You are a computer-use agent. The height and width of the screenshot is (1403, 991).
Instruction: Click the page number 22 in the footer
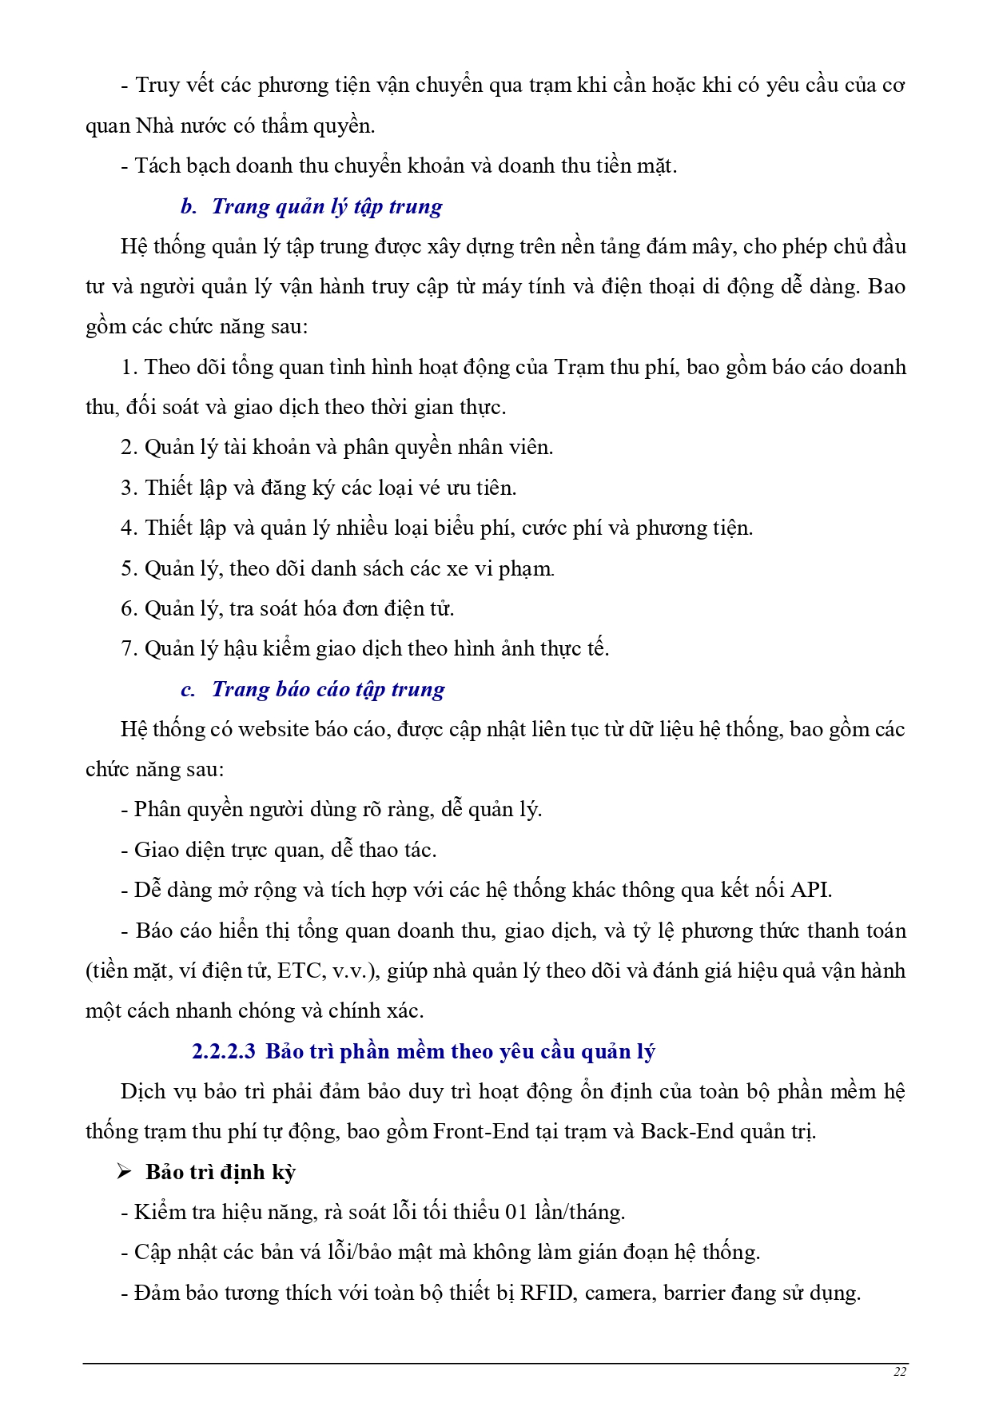coord(899,1372)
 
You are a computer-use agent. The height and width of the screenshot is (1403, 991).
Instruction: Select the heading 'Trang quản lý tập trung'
coord(327,206)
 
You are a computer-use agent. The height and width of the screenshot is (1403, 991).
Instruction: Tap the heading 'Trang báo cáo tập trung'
coord(328,689)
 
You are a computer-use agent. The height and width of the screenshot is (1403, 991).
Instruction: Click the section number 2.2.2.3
coord(224,1051)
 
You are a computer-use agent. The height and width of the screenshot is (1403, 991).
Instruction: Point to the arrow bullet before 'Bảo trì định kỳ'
coord(124,1172)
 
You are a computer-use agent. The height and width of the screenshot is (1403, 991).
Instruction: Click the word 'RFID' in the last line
coord(547,1293)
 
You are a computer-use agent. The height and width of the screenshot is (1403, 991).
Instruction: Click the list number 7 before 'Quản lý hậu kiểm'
coord(128,648)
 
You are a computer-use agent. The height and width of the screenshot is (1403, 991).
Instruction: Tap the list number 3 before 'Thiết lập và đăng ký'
coord(128,488)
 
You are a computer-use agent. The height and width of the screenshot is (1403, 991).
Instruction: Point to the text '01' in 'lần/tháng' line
coord(516,1212)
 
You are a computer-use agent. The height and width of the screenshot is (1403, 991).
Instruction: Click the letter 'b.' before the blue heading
coord(189,206)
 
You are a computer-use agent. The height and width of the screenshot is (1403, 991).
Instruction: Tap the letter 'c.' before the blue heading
coord(188,689)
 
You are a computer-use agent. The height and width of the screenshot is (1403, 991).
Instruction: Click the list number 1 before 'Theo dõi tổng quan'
coord(128,367)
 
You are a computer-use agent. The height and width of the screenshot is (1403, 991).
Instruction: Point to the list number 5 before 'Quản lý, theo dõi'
coord(128,568)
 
